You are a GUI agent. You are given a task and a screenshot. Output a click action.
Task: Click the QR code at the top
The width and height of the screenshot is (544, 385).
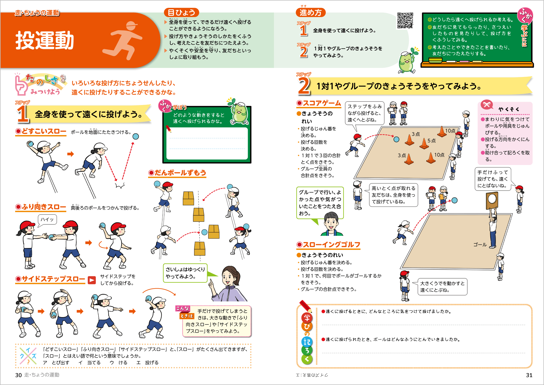pos(405,21)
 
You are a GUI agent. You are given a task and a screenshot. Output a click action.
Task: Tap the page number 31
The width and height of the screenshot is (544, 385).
pos(529,375)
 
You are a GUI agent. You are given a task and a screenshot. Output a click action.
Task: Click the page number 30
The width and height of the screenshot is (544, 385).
pos(18,375)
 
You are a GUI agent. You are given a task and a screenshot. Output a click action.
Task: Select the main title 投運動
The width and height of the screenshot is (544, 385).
pos(45,40)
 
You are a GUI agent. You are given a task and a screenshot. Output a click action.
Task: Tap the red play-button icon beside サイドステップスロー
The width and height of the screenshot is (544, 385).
pos(92,280)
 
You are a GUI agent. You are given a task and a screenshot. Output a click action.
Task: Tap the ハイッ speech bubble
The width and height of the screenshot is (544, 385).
pos(47,219)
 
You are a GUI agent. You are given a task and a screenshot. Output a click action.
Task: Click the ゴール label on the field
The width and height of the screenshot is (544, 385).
pos(480,244)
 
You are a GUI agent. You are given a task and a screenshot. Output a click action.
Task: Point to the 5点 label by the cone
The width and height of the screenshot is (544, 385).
pos(431,141)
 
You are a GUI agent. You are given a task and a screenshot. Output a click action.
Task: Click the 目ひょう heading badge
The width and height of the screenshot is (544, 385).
pos(181,12)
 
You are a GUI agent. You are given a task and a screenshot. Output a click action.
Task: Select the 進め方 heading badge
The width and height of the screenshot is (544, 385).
pos(311,12)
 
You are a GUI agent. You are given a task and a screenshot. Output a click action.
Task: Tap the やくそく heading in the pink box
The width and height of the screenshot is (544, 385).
pos(508,109)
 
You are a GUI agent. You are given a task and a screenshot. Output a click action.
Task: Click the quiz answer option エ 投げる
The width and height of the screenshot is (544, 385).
pos(148,363)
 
